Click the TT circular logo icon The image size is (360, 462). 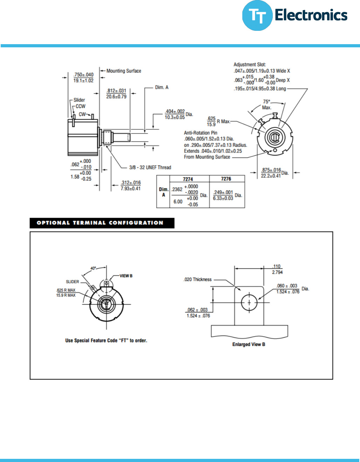257,16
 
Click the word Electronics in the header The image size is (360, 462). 311,15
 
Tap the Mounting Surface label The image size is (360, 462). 124,71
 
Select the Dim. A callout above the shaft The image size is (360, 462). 162,87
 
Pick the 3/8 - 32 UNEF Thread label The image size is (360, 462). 150,168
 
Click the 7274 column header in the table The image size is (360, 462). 188,179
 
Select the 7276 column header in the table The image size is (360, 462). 226,179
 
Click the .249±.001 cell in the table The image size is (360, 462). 223,192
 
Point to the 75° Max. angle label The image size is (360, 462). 267,104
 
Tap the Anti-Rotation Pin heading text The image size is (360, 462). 200,133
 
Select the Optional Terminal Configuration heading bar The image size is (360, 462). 102,223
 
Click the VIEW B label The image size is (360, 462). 126,276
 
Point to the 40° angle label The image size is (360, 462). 93,268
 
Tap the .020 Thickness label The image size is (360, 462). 198,279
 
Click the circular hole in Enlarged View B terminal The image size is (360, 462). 249,302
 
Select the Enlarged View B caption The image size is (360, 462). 249,344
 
